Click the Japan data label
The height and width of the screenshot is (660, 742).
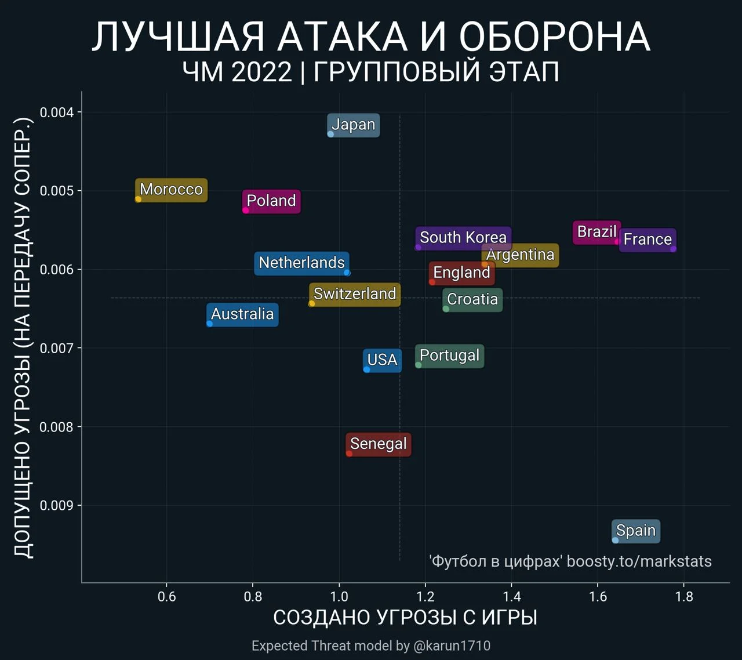coord(353,125)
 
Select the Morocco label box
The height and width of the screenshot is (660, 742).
coord(171,190)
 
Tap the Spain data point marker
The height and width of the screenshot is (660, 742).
coord(615,540)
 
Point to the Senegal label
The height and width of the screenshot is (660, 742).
coord(378,444)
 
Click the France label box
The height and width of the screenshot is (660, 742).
coord(648,240)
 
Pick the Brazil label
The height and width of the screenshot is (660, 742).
coord(596,232)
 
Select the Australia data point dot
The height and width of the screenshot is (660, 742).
coord(210,324)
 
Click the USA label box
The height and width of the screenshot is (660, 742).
coord(382,360)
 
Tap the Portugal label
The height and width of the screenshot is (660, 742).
coord(449,356)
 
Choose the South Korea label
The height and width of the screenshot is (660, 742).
coord(463,238)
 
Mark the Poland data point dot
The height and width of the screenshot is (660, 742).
coord(246,210)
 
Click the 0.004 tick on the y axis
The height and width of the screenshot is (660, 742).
coord(57,112)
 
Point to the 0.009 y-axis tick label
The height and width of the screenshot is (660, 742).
coord(57,506)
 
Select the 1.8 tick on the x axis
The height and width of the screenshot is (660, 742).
coord(684,597)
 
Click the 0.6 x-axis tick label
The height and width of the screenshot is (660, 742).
coord(167,597)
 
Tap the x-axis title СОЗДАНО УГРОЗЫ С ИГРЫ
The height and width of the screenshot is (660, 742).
coord(405,618)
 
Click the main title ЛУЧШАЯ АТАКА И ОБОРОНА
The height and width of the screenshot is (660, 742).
coord(371,37)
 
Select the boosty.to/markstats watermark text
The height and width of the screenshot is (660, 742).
coord(639,561)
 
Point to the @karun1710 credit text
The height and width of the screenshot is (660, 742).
coord(452,646)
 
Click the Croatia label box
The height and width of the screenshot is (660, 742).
coord(472,300)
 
